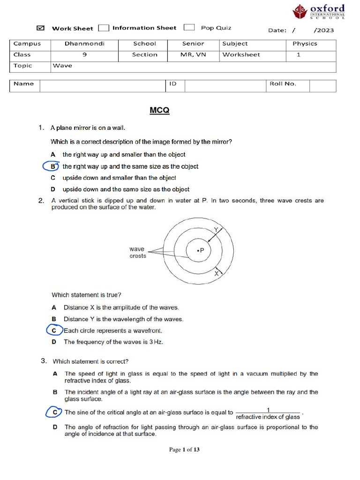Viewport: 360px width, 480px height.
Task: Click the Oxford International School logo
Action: click(319, 12)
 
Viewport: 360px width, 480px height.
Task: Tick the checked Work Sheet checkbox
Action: click(40, 28)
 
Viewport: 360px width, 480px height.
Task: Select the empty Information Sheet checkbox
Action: click(104, 28)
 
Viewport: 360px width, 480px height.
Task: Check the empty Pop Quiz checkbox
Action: click(189, 28)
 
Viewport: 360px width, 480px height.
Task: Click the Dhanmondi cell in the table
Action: click(84, 44)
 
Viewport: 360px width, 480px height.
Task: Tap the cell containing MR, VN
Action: click(193, 55)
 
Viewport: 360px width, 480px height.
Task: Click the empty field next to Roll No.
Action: click(322, 85)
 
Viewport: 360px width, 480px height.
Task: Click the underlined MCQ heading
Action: click(159, 111)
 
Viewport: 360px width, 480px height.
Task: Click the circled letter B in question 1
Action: click(53, 166)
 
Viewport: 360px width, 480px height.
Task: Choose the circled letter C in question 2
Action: click(54, 330)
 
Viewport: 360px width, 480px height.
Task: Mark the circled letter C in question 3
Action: click(55, 412)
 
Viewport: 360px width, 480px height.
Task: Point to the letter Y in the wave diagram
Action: click(216, 229)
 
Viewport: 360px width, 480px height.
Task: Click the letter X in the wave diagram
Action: click(217, 273)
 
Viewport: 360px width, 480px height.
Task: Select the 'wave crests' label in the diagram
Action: click(138, 253)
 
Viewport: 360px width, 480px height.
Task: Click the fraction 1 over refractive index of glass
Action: click(268, 413)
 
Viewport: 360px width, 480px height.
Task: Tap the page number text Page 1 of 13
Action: click(184, 450)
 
